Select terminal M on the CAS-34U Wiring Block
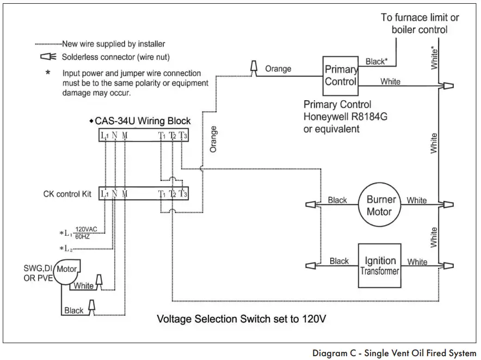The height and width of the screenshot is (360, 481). pos(125,135)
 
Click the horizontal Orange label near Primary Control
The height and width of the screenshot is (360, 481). pos(278,69)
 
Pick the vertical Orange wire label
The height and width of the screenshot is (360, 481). pos(213,139)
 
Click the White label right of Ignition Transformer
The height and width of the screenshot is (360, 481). pos(417,262)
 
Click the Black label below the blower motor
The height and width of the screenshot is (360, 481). pos(73,310)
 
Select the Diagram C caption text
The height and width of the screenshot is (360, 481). pos(394,352)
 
